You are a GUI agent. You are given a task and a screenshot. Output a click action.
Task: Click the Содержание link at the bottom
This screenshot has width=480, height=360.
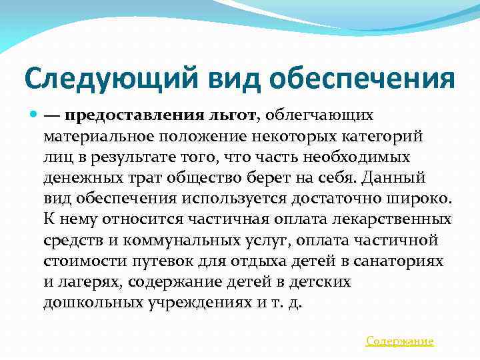(400, 341)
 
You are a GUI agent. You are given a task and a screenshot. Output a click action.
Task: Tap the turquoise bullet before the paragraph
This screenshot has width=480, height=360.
(33, 115)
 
